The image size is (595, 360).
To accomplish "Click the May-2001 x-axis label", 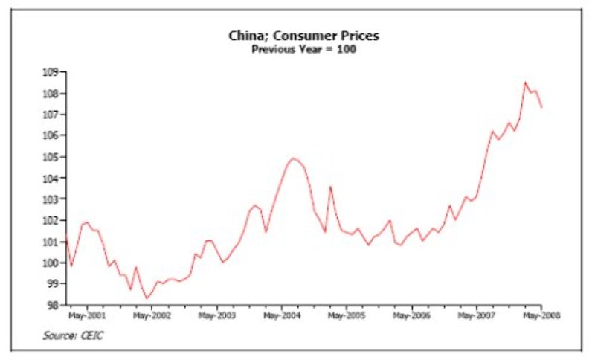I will click(x=87, y=315).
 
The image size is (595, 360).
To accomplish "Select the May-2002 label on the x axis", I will click(x=152, y=315).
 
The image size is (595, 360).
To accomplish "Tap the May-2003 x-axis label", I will click(x=217, y=315).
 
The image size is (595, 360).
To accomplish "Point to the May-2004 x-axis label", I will click(x=282, y=315).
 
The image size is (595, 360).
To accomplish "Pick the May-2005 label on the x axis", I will click(x=347, y=315).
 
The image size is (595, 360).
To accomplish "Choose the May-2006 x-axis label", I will click(x=411, y=315).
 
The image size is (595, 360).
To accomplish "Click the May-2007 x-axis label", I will click(x=477, y=315).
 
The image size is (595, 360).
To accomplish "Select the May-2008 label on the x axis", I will click(x=540, y=315).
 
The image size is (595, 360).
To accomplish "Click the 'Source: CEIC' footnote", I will click(x=73, y=336).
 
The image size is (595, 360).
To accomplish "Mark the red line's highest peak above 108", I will click(x=525, y=83).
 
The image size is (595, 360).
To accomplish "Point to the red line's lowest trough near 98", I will click(x=147, y=298).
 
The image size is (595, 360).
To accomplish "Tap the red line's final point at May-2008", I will click(x=541, y=107).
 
